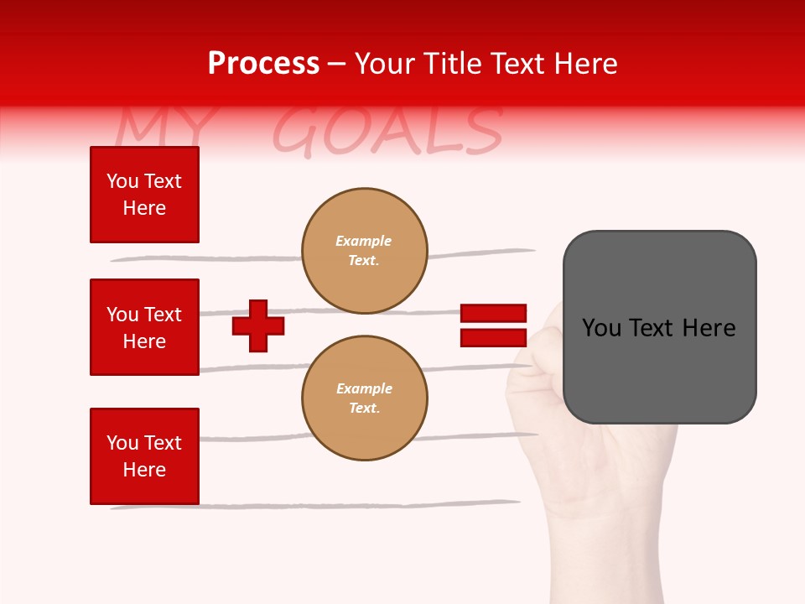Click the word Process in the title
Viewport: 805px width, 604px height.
263,64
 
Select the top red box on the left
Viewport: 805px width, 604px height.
144,195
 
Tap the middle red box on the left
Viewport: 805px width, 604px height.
144,327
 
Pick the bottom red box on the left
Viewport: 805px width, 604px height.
144,456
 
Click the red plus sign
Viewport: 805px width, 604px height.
258,325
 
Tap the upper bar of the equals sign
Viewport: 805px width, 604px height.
493,313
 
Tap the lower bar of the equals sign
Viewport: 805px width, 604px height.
493,338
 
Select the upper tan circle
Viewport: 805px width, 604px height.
364,251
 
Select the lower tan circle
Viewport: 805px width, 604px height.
364,398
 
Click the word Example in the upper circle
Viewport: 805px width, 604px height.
363,241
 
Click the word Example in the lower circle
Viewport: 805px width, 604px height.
364,388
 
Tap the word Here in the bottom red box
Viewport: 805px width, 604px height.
144,470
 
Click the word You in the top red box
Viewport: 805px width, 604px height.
122,181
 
